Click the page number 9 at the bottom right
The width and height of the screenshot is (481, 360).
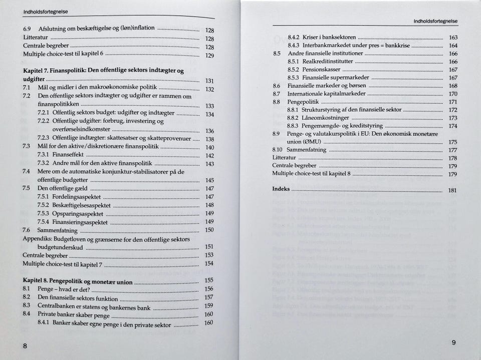(x=453, y=342)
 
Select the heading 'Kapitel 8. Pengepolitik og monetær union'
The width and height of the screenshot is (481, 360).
(x=78, y=281)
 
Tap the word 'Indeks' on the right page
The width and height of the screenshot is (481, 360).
(x=281, y=189)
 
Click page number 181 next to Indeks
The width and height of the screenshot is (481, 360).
(x=452, y=191)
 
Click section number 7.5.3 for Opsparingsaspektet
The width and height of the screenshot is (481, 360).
(x=44, y=213)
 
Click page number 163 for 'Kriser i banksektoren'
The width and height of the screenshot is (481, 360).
(x=453, y=38)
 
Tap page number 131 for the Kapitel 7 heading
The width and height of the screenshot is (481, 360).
(x=210, y=81)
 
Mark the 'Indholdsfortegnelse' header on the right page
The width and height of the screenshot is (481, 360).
(x=435, y=21)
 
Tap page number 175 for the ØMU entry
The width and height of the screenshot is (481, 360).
(x=453, y=142)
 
